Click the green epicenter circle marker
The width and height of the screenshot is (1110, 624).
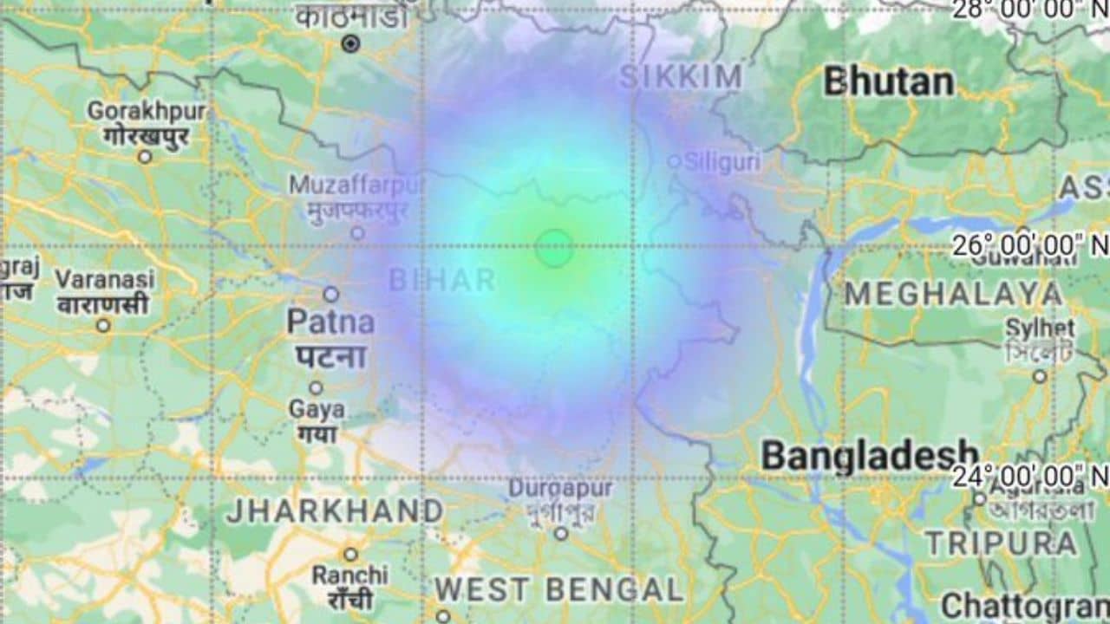pos(553,248)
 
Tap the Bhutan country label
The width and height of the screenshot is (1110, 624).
pos(888,82)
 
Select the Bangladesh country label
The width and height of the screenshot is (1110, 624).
pos(870,456)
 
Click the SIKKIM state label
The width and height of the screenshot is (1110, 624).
pos(681,77)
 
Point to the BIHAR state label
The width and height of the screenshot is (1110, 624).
pos(442,280)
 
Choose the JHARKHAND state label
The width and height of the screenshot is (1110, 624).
pos(335,511)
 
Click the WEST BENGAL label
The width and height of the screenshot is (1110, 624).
pos(559,590)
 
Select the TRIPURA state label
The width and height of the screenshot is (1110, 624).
pos(1001,543)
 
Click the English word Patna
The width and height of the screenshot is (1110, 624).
pos(330,322)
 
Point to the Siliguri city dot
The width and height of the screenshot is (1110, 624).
pos(674,161)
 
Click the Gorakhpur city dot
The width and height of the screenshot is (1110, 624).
pos(145,157)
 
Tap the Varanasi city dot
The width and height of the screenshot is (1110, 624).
pos(103,326)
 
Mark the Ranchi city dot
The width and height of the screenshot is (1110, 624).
pos(350,554)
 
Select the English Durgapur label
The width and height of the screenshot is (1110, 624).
pos(560,488)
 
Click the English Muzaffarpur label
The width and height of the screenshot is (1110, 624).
pos(356,185)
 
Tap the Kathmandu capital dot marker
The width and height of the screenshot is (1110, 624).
pos(350,43)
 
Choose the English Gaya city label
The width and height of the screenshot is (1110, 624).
pos(317,409)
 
